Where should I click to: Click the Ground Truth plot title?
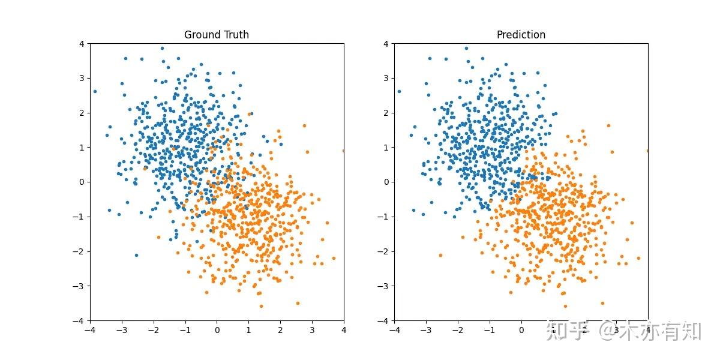click(x=217, y=35)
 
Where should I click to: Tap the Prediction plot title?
click(x=521, y=35)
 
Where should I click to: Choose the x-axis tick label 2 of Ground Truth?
click(x=280, y=329)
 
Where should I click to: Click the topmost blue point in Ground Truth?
click(x=162, y=49)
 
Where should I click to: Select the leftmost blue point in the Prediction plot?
click(x=399, y=92)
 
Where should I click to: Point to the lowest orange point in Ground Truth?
click(x=261, y=306)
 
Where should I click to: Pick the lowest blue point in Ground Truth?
click(x=136, y=255)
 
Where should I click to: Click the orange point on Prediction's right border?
click(x=647, y=151)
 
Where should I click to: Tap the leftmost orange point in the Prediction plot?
click(x=440, y=255)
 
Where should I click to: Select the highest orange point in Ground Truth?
click(x=304, y=125)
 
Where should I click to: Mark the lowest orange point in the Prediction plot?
click(x=565, y=306)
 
